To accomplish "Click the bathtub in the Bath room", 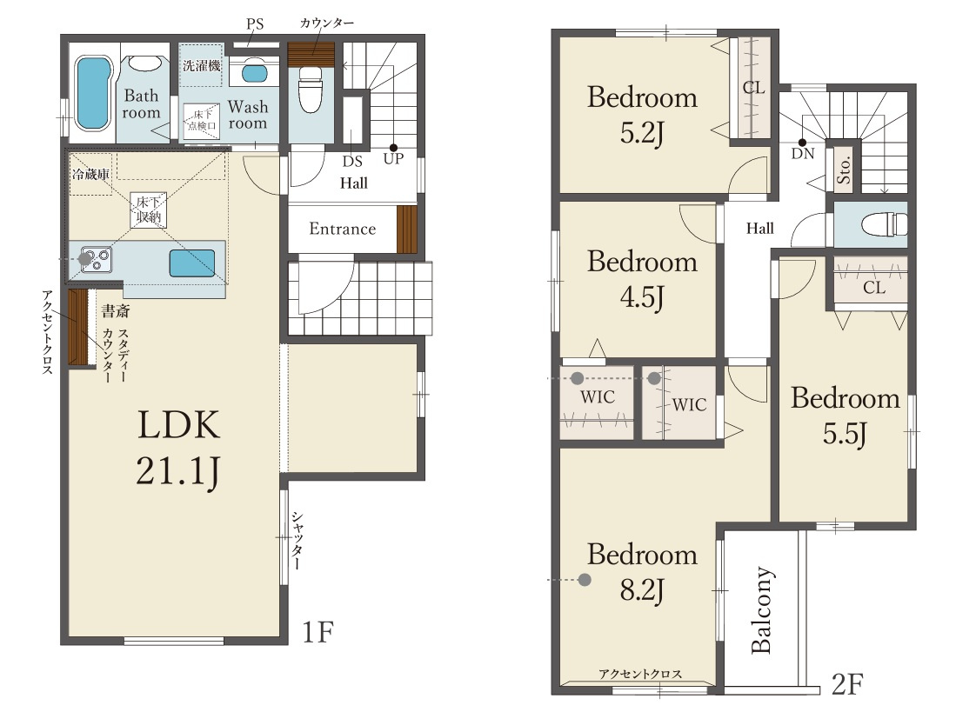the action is [x=93, y=93].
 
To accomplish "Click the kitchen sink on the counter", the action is [x=192, y=263].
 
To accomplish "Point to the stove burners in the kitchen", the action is [x=97, y=259].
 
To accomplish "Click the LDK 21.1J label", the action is [x=178, y=448].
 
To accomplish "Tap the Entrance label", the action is [x=343, y=229].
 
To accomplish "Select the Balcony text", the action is [x=762, y=610].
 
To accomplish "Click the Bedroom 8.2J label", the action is [x=642, y=571].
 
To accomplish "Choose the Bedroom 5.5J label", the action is [x=846, y=416].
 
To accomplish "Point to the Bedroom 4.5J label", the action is [x=642, y=278].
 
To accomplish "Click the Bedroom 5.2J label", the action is [x=642, y=115].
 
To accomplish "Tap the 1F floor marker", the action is [x=318, y=632].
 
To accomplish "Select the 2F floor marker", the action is [x=847, y=684].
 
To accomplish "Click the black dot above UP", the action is [x=393, y=148].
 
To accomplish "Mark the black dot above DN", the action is [x=802, y=143].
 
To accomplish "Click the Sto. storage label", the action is [x=844, y=170].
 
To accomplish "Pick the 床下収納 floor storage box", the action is [x=149, y=210].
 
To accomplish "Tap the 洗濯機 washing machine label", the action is [x=202, y=64].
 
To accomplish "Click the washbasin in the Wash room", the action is [x=254, y=73].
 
